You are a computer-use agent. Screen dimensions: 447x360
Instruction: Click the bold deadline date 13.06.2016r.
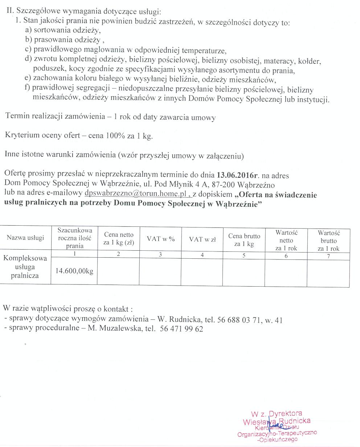(237, 175)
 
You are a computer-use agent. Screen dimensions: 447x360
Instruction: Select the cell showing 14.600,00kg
(74, 271)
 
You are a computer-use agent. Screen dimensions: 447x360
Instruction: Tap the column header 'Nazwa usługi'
(25, 238)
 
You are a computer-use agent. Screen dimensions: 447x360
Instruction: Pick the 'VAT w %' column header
(161, 239)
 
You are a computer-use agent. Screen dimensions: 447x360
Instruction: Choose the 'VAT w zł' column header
(202, 239)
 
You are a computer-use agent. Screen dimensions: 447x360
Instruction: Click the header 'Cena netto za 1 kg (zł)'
(118, 239)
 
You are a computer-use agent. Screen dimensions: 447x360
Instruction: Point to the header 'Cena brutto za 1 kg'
(244, 240)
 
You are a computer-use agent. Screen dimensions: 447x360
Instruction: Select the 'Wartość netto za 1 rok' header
(286, 241)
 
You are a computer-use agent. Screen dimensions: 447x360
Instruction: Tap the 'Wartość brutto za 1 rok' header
(328, 241)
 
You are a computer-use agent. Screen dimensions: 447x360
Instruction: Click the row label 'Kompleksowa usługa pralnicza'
(25, 267)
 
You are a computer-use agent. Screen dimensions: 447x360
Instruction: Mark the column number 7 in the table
(328, 256)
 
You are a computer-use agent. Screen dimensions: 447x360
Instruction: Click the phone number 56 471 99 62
(181, 329)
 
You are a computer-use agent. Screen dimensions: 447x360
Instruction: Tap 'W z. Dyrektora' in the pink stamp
(276, 413)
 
